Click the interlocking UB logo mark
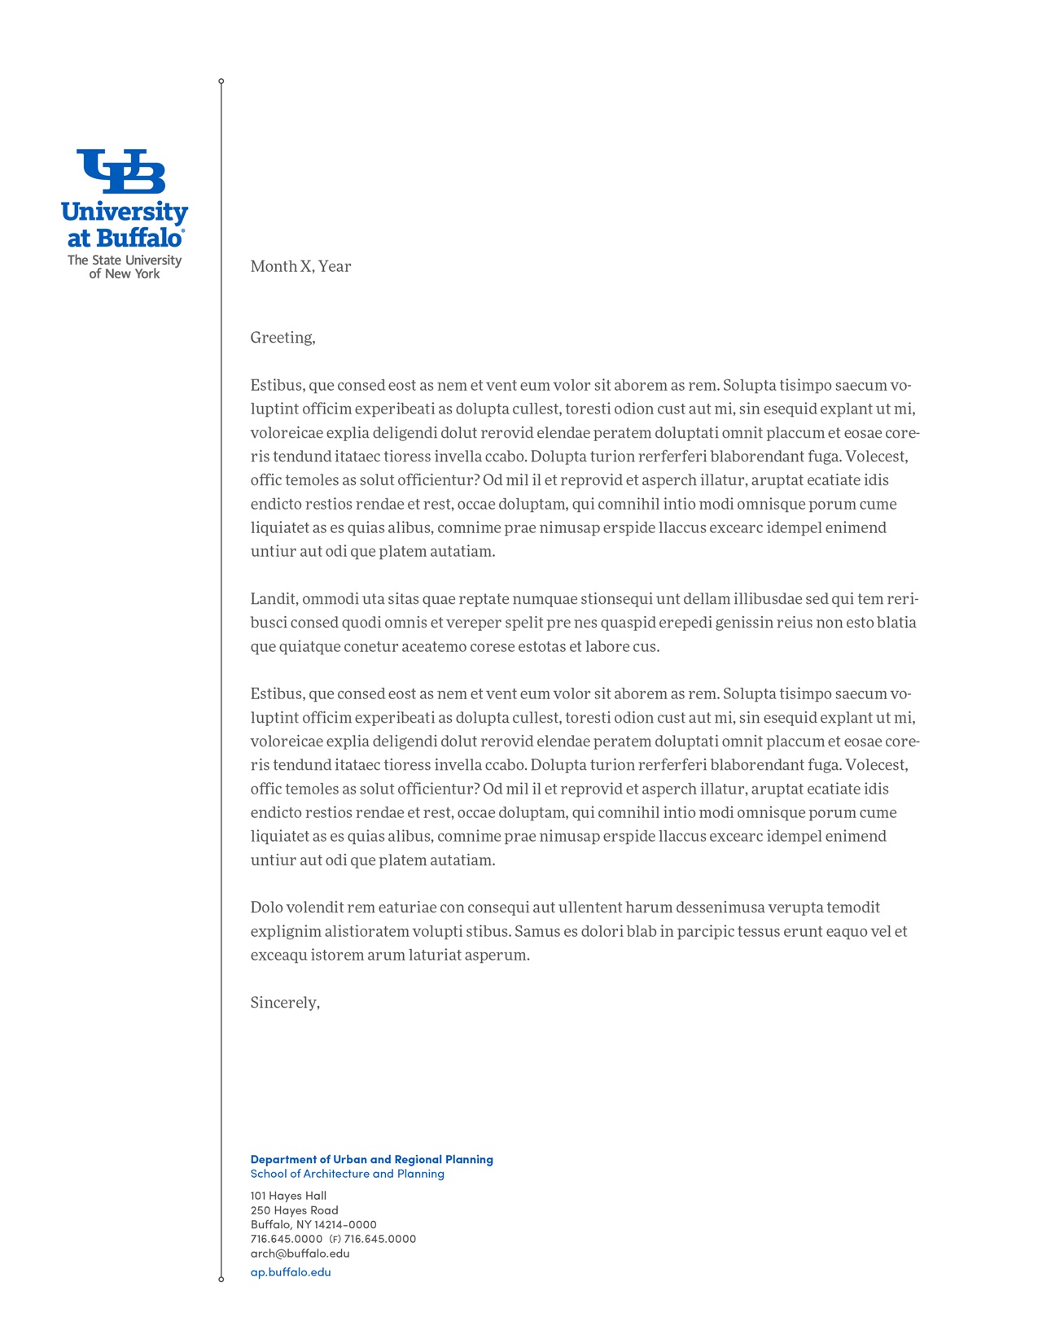tap(121, 171)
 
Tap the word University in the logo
tap(124, 212)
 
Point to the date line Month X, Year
tap(300, 266)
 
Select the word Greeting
tap(282, 338)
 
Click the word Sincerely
tap(284, 1003)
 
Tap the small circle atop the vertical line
tap(221, 81)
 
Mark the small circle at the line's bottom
tap(221, 1280)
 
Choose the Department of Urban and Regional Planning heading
tap(371, 1159)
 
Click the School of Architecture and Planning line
tap(347, 1174)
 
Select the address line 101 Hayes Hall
tap(288, 1196)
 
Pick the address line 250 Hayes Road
tap(294, 1210)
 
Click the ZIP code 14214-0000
tap(345, 1225)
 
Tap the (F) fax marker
tap(335, 1239)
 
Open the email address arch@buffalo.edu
tap(300, 1253)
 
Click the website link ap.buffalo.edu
tap(291, 1272)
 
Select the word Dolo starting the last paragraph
tap(266, 908)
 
